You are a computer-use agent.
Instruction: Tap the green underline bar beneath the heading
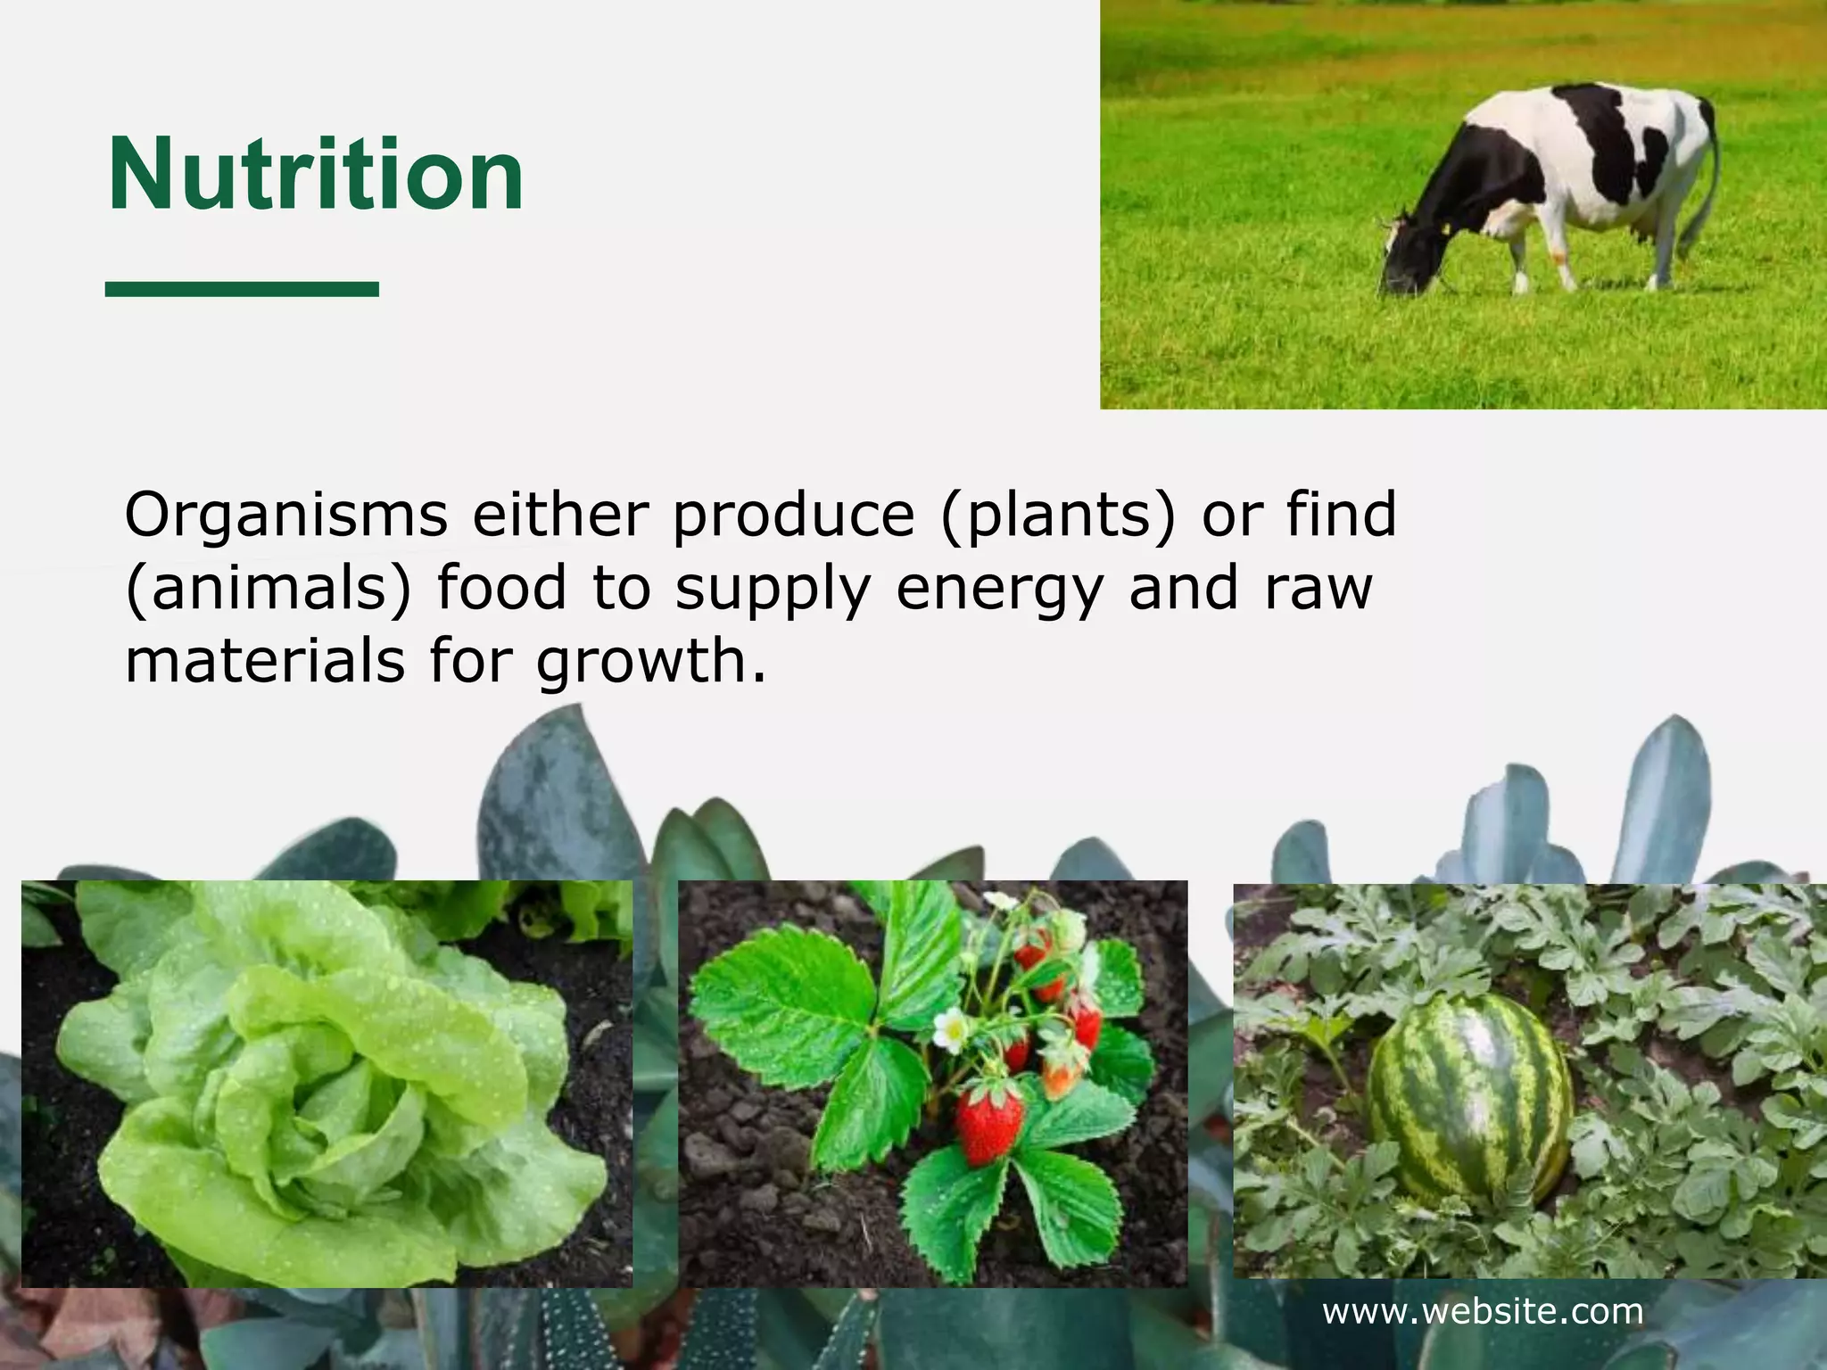[242, 288]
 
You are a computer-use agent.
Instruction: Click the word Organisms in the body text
[285, 516]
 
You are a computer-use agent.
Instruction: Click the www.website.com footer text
[1483, 1311]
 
